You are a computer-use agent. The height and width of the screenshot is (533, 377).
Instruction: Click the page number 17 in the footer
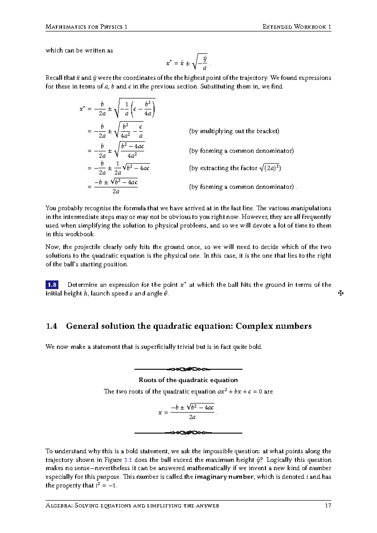coord(328,506)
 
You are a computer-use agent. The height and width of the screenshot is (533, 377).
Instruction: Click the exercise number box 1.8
coord(52,285)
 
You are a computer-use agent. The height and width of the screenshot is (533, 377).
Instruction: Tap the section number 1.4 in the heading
coord(52,326)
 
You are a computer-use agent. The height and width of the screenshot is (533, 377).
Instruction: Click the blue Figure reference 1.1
coord(128,460)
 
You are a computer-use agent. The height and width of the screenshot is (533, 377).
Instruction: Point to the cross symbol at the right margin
coord(341,293)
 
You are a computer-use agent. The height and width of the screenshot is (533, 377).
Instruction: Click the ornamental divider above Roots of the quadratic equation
coord(188,369)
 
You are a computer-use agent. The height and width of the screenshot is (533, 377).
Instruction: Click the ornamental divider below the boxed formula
coord(188,433)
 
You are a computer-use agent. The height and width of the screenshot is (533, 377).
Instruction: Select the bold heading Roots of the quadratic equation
coord(188,380)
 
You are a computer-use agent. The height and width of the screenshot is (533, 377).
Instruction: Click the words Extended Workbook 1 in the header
coord(297,27)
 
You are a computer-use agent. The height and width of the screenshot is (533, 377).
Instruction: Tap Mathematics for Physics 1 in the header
coord(86,27)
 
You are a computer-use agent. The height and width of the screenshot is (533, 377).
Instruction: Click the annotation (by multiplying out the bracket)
coord(234,131)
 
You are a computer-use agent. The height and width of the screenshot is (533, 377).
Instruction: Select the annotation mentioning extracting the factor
coord(235,168)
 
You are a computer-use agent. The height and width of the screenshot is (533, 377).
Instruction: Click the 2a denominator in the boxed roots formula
coord(192,417)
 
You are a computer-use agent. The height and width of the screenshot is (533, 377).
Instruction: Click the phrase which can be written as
coord(79,50)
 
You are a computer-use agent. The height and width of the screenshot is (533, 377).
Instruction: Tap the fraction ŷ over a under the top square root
coord(205,63)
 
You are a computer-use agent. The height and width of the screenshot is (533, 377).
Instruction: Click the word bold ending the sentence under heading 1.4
coord(255,347)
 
